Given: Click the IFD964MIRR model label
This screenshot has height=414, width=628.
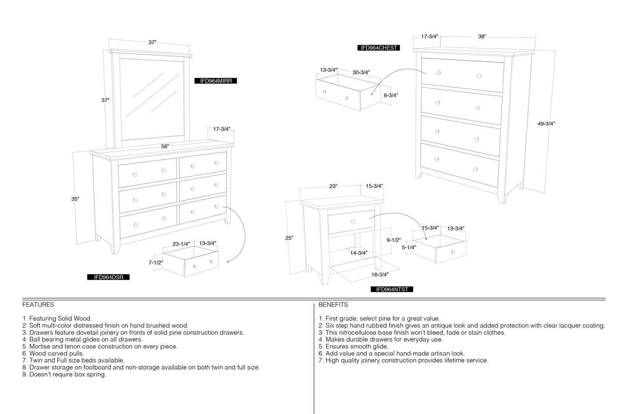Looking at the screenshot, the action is [x=215, y=81].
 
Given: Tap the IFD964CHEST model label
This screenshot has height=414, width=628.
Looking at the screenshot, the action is [x=378, y=48].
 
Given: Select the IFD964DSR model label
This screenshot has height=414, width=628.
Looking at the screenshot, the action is [x=108, y=277].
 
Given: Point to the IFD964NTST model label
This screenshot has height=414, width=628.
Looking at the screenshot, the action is [x=392, y=289].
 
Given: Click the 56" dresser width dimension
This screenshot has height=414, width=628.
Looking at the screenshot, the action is [x=165, y=147].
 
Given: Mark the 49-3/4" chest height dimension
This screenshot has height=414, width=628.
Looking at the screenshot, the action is [x=546, y=124].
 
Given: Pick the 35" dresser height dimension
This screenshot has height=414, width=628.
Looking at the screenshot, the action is [x=75, y=199].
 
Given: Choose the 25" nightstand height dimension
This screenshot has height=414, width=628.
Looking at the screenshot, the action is [x=289, y=238].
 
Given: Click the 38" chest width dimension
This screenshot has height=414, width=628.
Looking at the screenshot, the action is [x=482, y=37].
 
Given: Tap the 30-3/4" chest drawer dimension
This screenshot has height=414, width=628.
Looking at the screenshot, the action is [x=361, y=72].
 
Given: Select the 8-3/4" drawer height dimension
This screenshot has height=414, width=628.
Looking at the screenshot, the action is [x=391, y=95].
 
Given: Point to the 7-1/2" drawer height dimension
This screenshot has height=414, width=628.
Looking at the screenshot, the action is [x=155, y=262].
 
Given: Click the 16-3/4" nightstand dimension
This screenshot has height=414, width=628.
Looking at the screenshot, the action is [x=380, y=275].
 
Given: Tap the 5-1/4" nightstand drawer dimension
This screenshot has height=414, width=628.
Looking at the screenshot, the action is [x=409, y=247].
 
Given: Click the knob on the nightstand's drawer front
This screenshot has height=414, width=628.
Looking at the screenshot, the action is [x=353, y=222].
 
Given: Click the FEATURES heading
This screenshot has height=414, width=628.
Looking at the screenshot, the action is [x=38, y=305].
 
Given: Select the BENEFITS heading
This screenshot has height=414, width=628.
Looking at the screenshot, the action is [x=333, y=305].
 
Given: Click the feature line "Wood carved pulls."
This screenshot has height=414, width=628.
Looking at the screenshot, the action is [x=53, y=354].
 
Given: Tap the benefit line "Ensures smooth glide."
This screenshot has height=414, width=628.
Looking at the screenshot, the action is [x=354, y=346].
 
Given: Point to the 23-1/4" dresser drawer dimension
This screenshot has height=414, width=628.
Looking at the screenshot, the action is [x=181, y=244].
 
